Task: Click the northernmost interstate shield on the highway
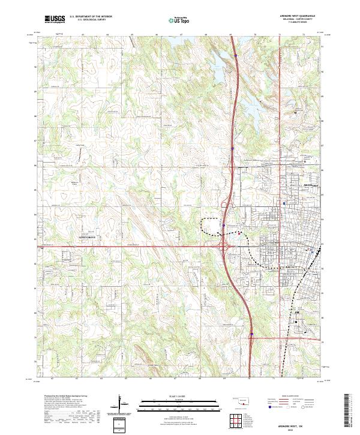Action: (236, 56)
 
